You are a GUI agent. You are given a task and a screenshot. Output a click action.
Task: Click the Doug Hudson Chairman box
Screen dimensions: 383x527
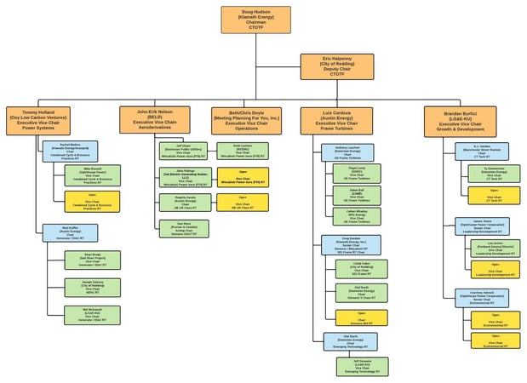click(255, 20)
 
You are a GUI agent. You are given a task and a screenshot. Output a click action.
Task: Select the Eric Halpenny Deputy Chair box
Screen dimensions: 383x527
click(337, 66)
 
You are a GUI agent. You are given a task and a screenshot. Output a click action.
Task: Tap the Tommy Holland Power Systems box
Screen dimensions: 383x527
click(39, 120)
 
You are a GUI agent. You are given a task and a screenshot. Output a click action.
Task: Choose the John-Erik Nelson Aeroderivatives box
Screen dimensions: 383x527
click(154, 120)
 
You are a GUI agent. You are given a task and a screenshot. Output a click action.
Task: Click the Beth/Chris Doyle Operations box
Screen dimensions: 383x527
click(247, 120)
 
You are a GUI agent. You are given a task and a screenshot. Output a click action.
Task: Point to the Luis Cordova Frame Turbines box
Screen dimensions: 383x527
click(336, 120)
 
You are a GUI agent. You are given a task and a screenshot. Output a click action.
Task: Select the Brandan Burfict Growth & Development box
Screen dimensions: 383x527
click(460, 120)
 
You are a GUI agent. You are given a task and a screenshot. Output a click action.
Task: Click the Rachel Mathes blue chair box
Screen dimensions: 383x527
click(70, 151)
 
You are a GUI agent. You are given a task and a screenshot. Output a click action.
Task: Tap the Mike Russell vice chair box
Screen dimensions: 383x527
click(92, 175)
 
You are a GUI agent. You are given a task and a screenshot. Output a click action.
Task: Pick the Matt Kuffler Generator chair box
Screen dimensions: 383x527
click(70, 232)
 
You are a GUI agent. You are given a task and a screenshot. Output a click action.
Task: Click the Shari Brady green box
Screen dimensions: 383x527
click(92, 259)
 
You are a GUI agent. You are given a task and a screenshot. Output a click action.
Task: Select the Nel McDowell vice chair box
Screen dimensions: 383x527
click(92, 315)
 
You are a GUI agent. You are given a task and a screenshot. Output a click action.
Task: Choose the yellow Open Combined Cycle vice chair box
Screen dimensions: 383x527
click(92, 202)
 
